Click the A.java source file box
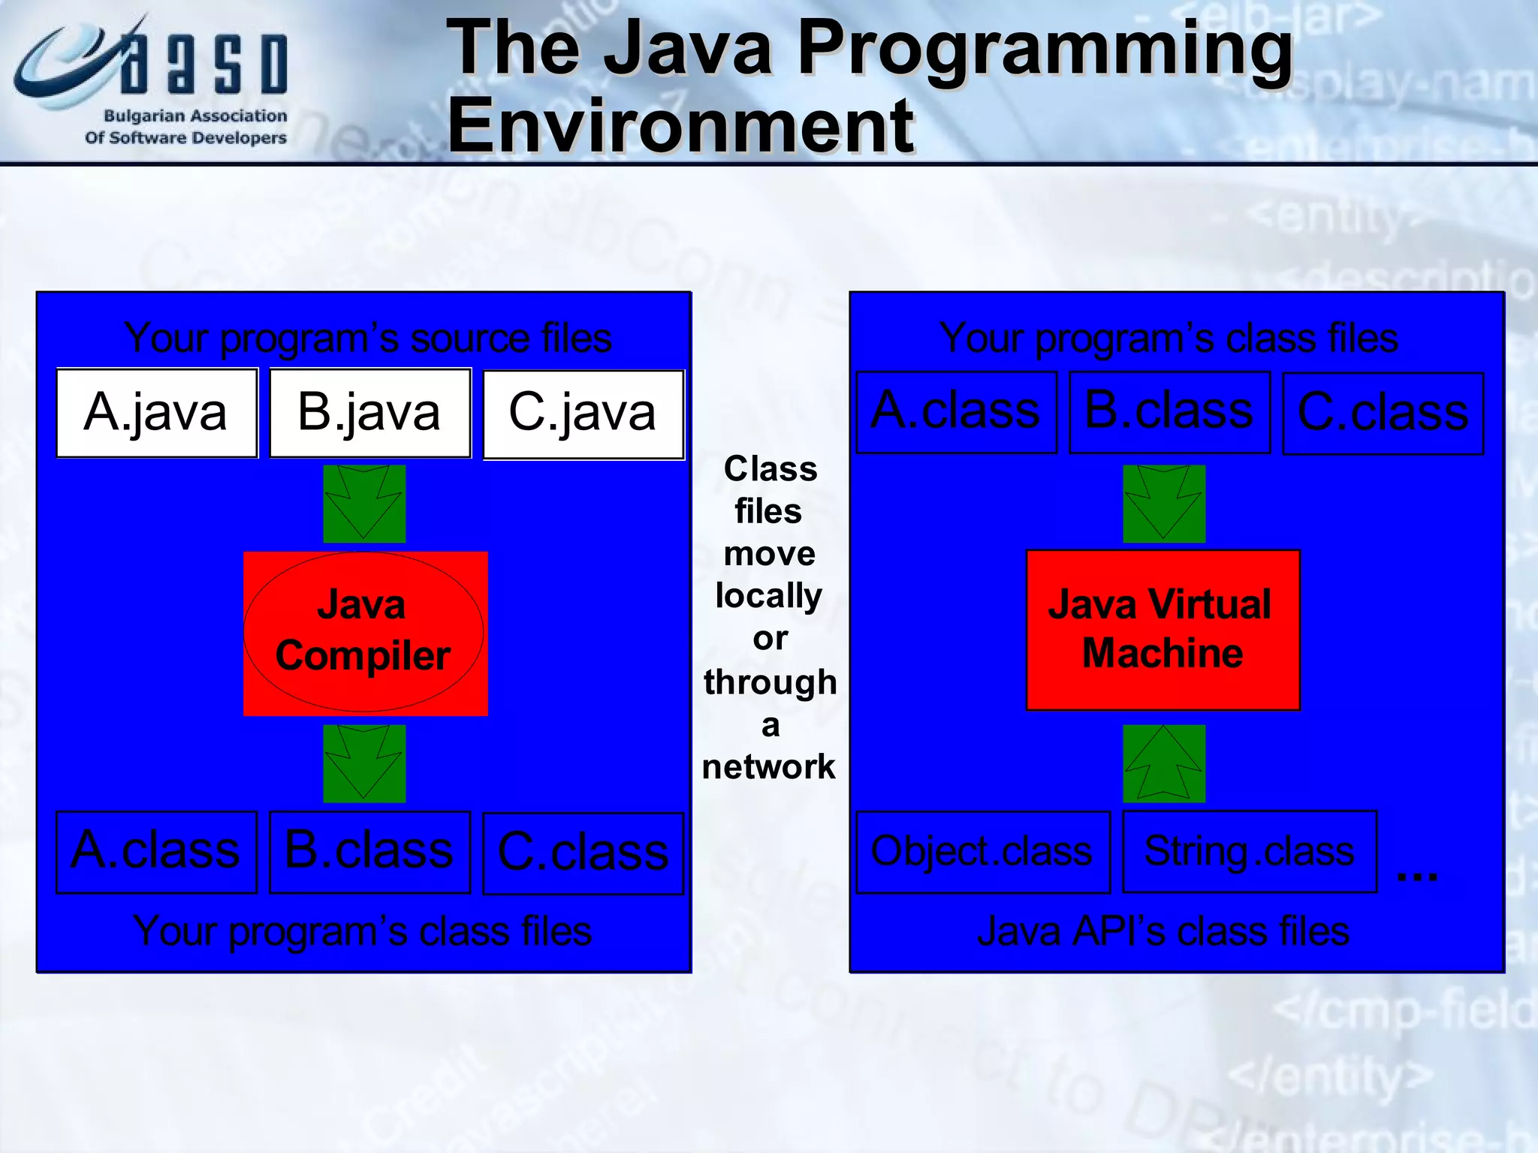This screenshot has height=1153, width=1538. point(157,413)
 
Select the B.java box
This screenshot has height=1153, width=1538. point(370,413)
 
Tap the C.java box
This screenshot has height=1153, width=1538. point(584,414)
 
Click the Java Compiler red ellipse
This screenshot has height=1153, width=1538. point(364,632)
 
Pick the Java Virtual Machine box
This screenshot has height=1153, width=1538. point(1163,630)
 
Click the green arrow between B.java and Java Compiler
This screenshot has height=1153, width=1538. point(364,504)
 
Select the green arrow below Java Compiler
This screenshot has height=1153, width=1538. point(364,763)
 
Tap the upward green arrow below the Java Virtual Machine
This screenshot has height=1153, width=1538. point(1164,763)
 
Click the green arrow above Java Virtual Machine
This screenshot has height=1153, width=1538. point(1164,504)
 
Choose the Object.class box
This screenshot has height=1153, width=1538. point(982,852)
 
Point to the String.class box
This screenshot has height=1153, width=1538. point(1250,851)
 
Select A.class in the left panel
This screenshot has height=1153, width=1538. point(157,852)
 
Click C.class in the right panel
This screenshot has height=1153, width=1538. point(1383,414)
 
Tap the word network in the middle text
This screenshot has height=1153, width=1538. point(768,767)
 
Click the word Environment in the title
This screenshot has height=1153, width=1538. point(680,125)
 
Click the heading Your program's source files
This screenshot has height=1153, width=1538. point(368,338)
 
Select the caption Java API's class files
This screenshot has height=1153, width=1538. point(1163,932)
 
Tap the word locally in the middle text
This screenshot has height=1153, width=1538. point(768,596)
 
